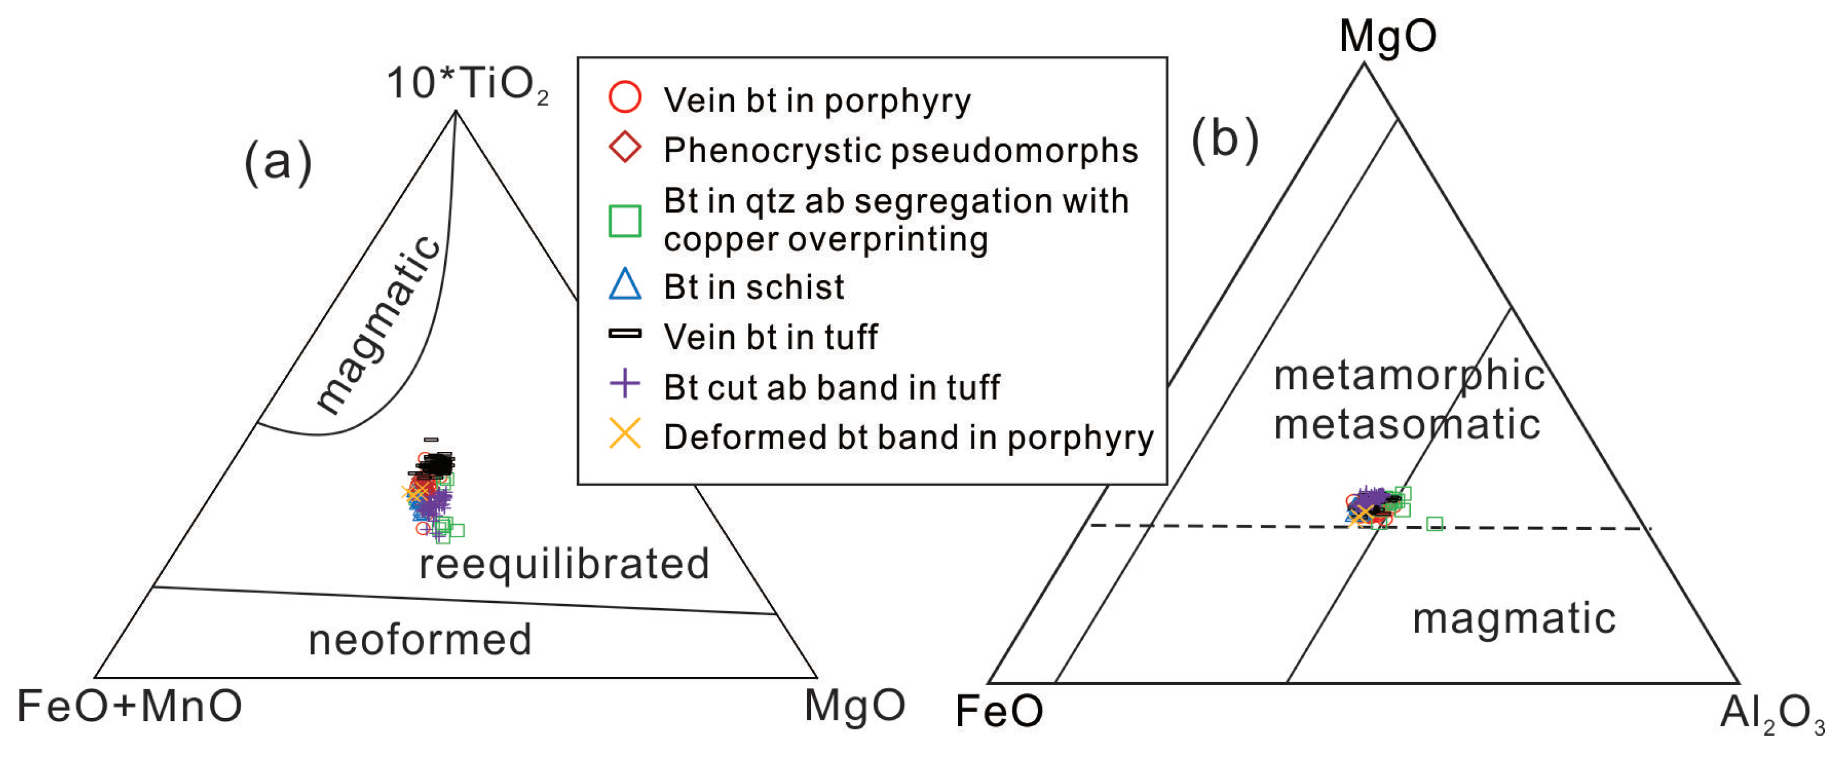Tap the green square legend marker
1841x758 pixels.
(625, 221)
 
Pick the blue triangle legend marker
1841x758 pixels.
(625, 284)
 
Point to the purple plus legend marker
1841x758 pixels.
(625, 384)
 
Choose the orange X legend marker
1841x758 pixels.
(625, 434)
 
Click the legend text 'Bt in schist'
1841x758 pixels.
(753, 287)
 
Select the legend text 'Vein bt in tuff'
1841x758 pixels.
(770, 337)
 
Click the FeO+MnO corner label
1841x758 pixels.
(129, 706)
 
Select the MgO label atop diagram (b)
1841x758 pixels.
(1387, 36)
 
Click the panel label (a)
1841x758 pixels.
(278, 162)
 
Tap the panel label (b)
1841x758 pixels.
(1224, 139)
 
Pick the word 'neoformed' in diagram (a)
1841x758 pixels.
(420, 639)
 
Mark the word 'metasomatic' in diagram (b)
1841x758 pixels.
(1407, 424)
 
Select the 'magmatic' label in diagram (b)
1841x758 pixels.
(1514, 619)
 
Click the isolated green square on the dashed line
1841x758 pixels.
(1434, 524)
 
